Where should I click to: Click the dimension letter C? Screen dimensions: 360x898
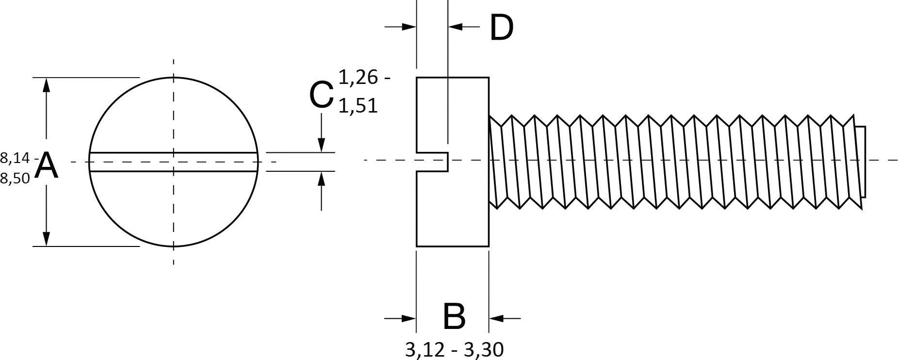click(x=321, y=95)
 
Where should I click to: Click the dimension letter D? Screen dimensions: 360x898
click(x=501, y=28)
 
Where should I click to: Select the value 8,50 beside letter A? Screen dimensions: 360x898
click(x=15, y=179)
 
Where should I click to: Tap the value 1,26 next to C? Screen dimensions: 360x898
click(x=358, y=77)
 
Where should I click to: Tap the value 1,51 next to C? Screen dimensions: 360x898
click(x=358, y=105)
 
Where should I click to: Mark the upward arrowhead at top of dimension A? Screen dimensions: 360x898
click(x=46, y=85)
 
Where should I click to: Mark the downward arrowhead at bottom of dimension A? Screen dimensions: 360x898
click(x=46, y=238)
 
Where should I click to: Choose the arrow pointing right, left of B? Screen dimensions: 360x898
click(x=408, y=318)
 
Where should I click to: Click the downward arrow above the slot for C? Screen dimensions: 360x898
click(x=321, y=144)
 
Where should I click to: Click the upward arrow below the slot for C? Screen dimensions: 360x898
click(x=321, y=180)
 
